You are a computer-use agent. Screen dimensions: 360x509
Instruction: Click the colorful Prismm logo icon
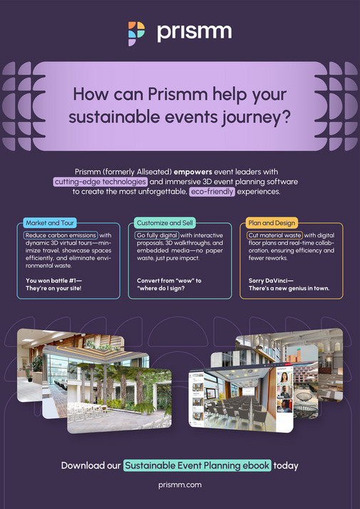click(136, 34)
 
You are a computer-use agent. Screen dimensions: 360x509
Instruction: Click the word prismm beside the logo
click(195, 32)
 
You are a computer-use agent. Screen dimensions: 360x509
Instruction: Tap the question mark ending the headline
click(284, 117)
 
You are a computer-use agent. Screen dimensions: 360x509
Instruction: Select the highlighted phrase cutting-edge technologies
click(101, 182)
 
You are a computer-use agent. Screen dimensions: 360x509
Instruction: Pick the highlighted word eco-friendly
click(212, 192)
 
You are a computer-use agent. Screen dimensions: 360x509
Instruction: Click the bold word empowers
click(192, 171)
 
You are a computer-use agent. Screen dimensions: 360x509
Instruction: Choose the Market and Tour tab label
click(50, 223)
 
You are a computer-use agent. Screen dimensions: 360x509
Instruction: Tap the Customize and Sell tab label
click(165, 223)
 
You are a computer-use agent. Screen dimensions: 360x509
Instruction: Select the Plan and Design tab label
click(272, 223)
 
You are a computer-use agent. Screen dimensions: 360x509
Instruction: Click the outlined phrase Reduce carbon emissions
click(61, 235)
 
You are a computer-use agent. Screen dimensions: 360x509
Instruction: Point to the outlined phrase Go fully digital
click(157, 235)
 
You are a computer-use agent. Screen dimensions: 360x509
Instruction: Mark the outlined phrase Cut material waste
click(274, 235)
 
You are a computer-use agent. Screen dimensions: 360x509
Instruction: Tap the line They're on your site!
click(53, 288)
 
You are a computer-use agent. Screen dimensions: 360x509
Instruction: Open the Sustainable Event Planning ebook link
click(197, 466)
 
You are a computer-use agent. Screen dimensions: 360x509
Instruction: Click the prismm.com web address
click(180, 485)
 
